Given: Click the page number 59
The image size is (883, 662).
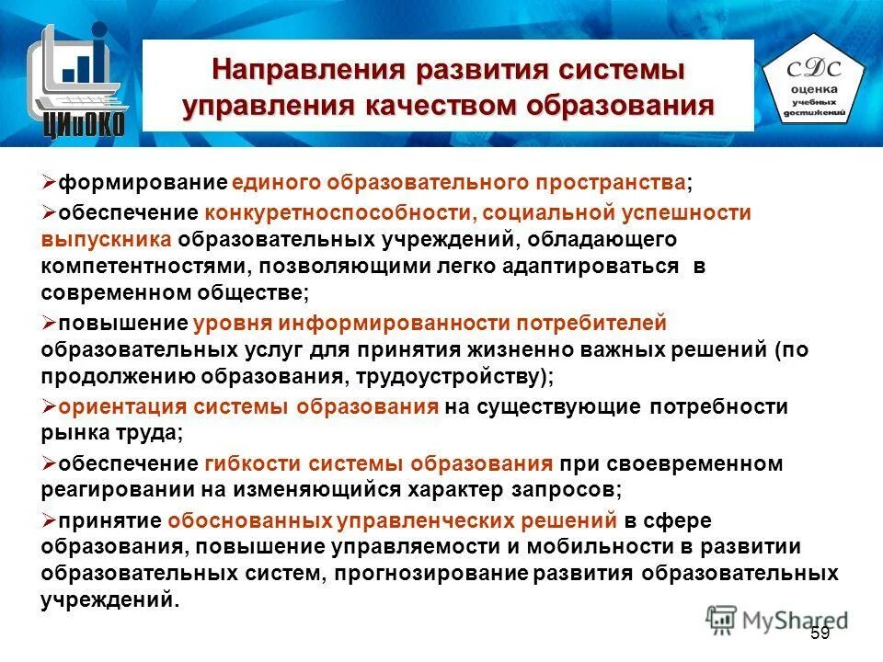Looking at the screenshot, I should pos(820,633).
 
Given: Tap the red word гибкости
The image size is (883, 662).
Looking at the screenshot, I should pos(247,463).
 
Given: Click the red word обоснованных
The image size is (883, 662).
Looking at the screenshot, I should pos(248,520).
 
